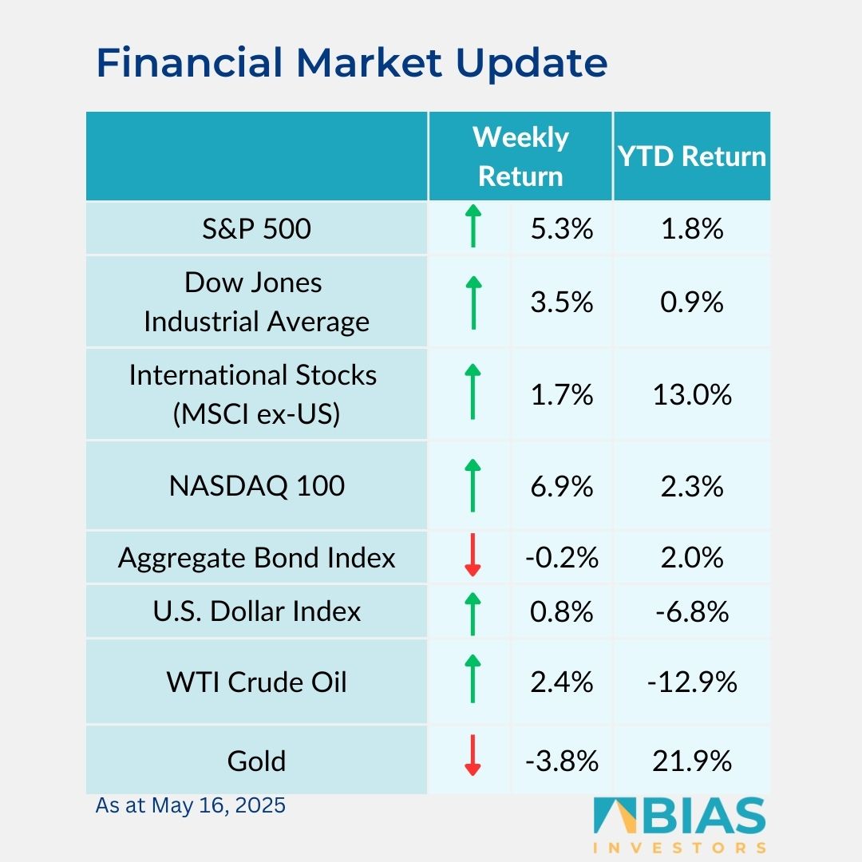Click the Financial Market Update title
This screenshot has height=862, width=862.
point(351,64)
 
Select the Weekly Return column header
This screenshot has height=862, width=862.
point(520,156)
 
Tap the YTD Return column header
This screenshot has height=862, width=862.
point(692,156)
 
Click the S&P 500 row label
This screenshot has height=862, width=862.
point(256,229)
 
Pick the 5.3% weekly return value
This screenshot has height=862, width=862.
point(562,229)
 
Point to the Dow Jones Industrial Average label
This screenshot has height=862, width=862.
point(256,302)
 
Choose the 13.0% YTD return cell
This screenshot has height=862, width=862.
point(692,394)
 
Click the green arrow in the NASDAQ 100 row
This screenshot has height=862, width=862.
point(473,485)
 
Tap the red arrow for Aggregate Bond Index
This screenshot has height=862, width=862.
point(473,557)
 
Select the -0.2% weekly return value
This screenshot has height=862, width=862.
point(562,557)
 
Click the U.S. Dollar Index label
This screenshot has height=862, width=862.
point(256,611)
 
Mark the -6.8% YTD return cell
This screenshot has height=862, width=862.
point(692,611)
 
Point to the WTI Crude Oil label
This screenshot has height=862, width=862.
point(256,682)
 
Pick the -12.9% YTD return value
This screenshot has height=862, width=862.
point(692,682)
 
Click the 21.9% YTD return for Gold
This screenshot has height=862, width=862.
point(692,761)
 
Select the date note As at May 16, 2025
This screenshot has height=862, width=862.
point(190,805)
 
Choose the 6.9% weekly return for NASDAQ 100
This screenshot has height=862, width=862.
point(562,486)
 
